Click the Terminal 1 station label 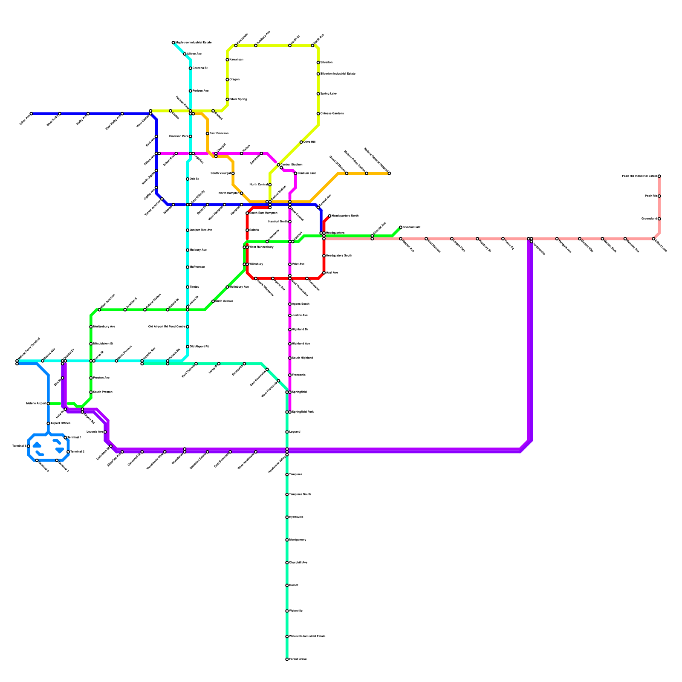pos(74,437)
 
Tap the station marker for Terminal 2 pos(68,452)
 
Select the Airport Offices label pos(60,423)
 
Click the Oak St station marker pos(188,179)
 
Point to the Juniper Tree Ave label pos(201,230)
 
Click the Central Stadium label pos(292,165)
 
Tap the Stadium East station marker pos(295,173)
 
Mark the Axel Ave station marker pos(324,273)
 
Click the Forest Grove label pos(298,659)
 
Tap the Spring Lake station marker pos(318,94)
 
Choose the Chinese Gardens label pos(332,114)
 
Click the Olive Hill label pos(309,142)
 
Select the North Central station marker pos(270,185)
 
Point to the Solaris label pos(254,230)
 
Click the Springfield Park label pos(303,412)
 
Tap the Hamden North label pos(278,222)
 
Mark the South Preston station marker pos(91,392)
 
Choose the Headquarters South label pos(339,256)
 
